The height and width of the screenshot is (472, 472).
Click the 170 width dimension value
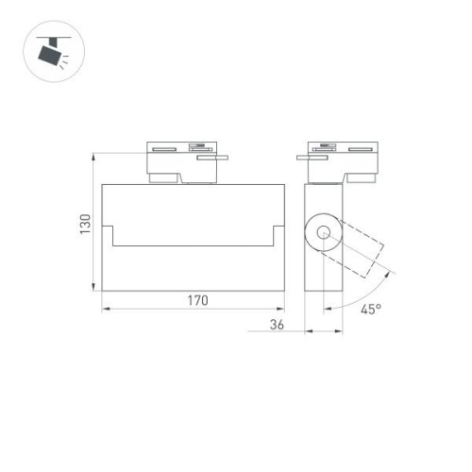196,301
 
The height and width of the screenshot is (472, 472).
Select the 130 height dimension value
85,225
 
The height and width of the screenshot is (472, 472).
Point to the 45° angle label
370,309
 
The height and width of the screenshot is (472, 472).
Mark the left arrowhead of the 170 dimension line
105,309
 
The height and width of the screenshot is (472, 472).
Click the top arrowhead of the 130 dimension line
93,156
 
